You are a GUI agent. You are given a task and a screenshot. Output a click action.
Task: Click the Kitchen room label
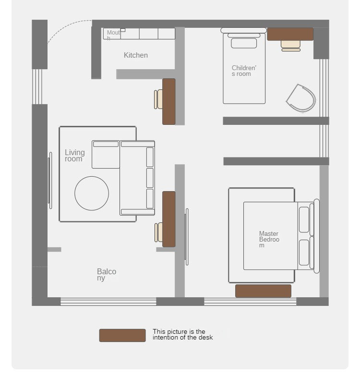[x=136, y=55]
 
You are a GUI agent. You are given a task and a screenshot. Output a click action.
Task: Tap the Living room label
[x=75, y=156]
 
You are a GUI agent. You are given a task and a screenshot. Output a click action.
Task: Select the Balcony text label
[x=107, y=275]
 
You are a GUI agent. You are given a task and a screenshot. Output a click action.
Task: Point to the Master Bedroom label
[x=269, y=239]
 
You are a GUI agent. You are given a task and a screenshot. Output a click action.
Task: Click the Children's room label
[x=244, y=71]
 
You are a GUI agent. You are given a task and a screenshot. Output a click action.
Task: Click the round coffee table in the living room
[x=92, y=194]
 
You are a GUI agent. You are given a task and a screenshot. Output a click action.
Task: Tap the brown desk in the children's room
[x=290, y=34]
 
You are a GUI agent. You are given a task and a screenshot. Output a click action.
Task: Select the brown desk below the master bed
[x=263, y=291]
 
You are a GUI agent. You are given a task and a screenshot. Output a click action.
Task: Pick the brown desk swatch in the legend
[x=122, y=335]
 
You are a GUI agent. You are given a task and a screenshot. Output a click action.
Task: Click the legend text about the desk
[x=183, y=334]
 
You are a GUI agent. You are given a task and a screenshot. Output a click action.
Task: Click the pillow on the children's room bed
[x=244, y=43]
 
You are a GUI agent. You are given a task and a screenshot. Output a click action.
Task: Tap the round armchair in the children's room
[x=301, y=98]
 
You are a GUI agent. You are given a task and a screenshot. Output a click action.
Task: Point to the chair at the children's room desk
[x=291, y=46]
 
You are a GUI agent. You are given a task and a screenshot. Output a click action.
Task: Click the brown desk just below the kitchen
[x=168, y=101]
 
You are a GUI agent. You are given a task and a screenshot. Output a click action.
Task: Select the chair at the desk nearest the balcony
[x=158, y=232]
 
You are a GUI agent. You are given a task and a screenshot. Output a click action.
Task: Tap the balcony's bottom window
[x=108, y=302]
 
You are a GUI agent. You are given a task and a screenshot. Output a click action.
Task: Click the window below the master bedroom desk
[x=250, y=302]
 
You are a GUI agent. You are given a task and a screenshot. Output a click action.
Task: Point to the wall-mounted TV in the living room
[x=50, y=180]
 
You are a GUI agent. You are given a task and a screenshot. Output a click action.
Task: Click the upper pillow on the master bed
[x=304, y=219]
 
